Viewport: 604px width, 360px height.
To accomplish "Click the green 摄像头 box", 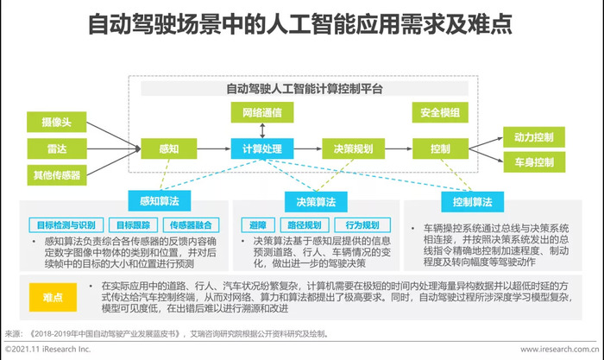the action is tap(57, 123).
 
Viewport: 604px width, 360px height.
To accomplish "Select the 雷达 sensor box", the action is tap(57, 148).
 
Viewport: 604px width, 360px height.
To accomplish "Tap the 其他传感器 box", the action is tap(57, 175).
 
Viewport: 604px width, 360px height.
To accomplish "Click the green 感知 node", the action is tap(169, 148).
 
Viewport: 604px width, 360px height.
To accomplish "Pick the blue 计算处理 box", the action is tap(262, 148).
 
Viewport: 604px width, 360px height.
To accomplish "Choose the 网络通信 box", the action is tap(262, 112).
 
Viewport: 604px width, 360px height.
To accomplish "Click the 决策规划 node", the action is tap(353, 148).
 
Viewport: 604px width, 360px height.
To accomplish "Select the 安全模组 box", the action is tap(440, 112).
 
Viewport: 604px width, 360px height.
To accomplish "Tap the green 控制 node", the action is tap(440, 148).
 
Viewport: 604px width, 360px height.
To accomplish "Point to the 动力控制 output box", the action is tap(534, 137).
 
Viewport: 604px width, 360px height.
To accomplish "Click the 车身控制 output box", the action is tap(534, 162).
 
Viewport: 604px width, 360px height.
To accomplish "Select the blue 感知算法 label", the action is tap(160, 201).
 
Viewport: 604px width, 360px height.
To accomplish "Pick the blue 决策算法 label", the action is tap(316, 202).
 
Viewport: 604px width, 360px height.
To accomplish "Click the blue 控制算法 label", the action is tap(473, 202).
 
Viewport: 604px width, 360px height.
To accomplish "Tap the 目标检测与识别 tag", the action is tap(66, 225).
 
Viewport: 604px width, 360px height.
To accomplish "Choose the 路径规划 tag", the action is tap(305, 225).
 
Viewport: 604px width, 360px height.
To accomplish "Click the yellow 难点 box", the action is tap(53, 297).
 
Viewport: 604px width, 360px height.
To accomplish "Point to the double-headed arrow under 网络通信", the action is tap(262, 130).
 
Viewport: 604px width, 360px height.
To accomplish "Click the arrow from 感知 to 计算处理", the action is tap(214, 148).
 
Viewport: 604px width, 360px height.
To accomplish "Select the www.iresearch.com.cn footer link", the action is tap(560, 349).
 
